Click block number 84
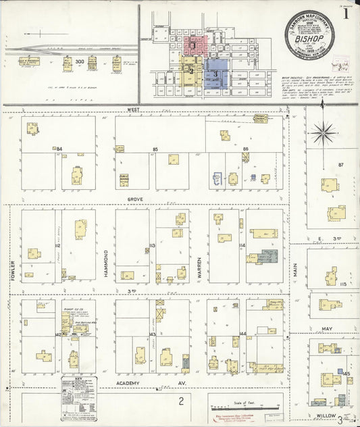tap(59, 148)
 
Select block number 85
tap(155, 149)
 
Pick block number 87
tap(341, 165)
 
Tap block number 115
tap(343, 284)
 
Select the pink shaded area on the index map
tap(196, 47)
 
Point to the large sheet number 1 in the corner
tap(345, 11)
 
